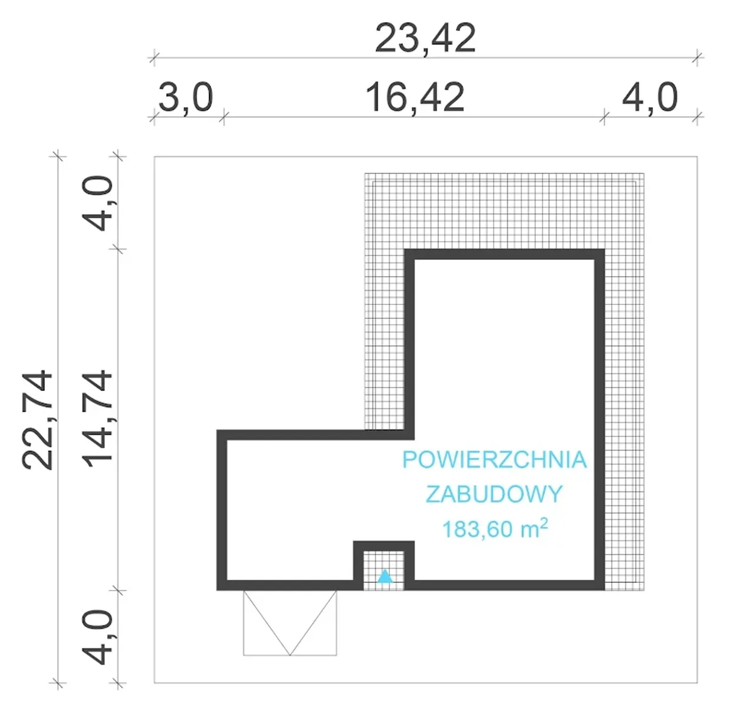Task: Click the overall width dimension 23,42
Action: tap(425, 38)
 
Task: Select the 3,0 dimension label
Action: tap(186, 98)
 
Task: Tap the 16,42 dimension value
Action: tap(415, 98)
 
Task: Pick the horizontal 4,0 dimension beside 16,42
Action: tap(649, 98)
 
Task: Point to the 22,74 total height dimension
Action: tap(37, 419)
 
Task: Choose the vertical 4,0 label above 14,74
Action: tap(97, 203)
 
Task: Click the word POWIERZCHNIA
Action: tap(495, 459)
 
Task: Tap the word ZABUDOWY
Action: tap(494, 494)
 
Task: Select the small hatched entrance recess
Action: tap(383, 570)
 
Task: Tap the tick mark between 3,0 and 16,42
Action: tap(224, 117)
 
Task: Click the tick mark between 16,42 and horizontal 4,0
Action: tap(604, 117)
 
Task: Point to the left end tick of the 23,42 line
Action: tap(154, 58)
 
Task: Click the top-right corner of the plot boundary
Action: tap(697, 157)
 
